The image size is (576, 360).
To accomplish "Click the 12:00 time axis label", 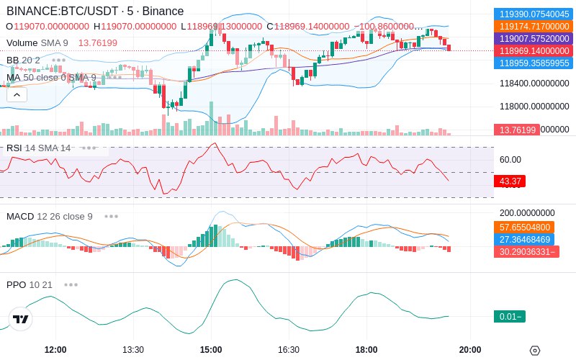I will click(55, 349).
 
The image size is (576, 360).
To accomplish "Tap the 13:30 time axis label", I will click(133, 349).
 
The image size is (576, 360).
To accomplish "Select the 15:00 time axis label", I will click(211, 349).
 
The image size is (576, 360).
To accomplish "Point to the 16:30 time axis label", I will click(289, 349).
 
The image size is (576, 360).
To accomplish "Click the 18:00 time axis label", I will click(366, 349).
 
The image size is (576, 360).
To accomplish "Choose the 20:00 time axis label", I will click(470, 349).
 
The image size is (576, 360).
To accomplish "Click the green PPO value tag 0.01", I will click(510, 317).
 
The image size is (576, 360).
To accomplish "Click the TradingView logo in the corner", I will click(21, 319).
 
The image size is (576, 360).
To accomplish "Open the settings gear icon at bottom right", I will click(534, 351).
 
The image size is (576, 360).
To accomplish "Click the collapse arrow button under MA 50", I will click(17, 94).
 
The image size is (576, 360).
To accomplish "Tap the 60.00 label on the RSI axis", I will click(510, 160).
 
